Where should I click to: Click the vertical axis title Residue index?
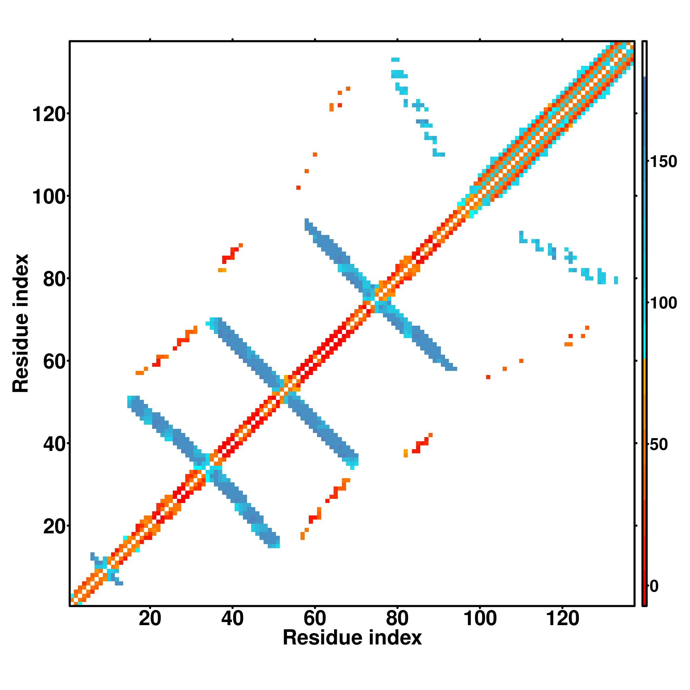click(x=21, y=323)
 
